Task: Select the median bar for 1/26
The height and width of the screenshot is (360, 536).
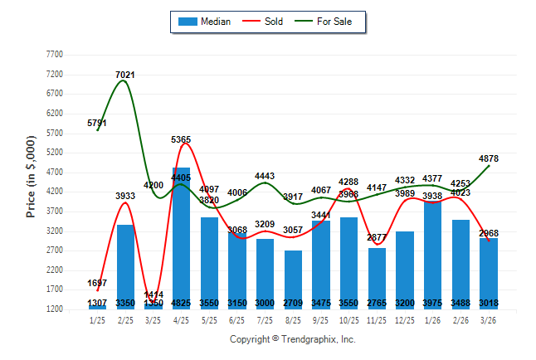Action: point(433,253)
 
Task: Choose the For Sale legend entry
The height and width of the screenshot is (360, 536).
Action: point(334,22)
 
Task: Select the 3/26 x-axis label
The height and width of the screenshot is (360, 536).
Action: point(490,320)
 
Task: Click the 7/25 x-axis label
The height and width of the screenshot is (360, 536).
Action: point(266,320)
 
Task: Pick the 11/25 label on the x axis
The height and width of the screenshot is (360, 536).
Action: point(378,320)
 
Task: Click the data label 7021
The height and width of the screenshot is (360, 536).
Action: point(125,75)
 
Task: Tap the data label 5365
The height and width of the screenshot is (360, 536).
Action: point(182,139)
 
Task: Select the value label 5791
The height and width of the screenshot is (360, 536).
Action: point(97,124)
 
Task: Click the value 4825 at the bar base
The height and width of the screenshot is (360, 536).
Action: point(182,303)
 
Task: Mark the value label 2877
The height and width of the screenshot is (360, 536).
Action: point(377,238)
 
